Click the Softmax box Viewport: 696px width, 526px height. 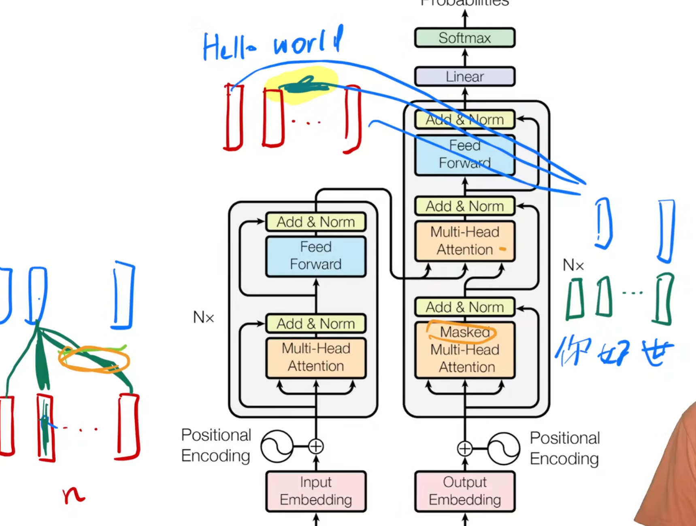click(x=464, y=38)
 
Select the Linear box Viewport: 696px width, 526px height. click(x=464, y=76)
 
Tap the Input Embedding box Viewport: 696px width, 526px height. click(x=316, y=491)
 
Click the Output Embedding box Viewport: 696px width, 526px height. click(x=464, y=491)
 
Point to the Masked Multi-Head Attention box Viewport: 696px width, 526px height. click(x=464, y=350)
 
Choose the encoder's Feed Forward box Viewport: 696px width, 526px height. click(x=316, y=256)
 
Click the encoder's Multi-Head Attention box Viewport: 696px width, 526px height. click(x=316, y=358)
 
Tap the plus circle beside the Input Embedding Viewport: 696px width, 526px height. click(x=316, y=447)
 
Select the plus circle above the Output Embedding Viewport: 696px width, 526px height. click(x=464, y=448)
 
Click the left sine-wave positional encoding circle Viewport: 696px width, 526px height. click(x=277, y=447)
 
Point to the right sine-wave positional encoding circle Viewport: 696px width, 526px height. click(x=503, y=448)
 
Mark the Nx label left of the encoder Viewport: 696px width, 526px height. click(x=203, y=318)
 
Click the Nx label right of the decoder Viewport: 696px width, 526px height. click(x=573, y=265)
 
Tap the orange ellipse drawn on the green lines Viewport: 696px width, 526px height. click(x=94, y=359)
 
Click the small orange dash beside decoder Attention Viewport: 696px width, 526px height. click(x=502, y=249)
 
